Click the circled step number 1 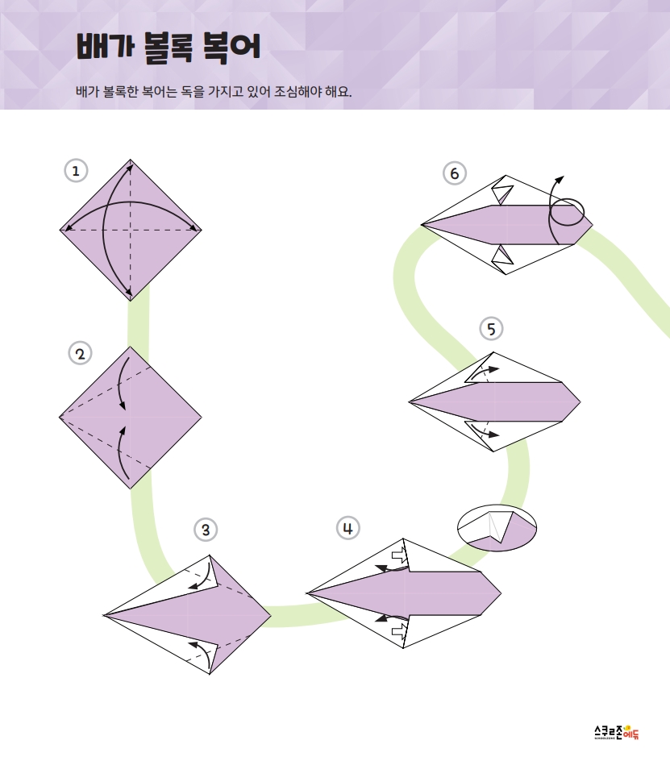76,171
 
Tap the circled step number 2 80,353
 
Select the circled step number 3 206,530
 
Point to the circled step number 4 348,528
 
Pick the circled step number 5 491,329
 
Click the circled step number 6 455,173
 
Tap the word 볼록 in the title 168,48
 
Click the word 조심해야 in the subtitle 298,91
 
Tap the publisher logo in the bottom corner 617,732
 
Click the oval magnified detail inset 497,528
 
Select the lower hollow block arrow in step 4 400,630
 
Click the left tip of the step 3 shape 103,615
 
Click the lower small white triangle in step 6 503,256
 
